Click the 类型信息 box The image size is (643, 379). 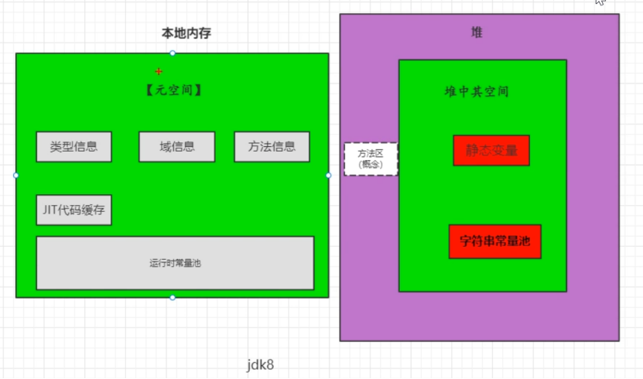pos(74,147)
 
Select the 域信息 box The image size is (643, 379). pos(176,147)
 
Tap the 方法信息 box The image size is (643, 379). pos(272,147)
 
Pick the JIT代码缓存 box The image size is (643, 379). pos(74,210)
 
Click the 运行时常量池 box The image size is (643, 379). pos(175,263)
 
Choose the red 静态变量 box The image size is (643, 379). pos(491,150)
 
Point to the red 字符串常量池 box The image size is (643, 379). pos(494,241)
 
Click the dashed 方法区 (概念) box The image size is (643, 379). pos(371,159)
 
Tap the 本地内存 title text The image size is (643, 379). pos(186,33)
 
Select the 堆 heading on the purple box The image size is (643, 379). pos(477,32)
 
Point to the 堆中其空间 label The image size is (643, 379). pos(476,91)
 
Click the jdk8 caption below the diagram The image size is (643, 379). pos(260,364)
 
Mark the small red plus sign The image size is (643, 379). pos(159,71)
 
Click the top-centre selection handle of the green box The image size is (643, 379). pos(173,53)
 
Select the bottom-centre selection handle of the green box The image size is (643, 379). pos(173,297)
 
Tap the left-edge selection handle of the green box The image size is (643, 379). pos(16,176)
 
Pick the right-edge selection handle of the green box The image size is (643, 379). pos(328,176)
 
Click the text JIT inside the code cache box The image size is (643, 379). pos(51,210)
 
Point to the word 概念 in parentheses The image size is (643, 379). pos(371,165)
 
